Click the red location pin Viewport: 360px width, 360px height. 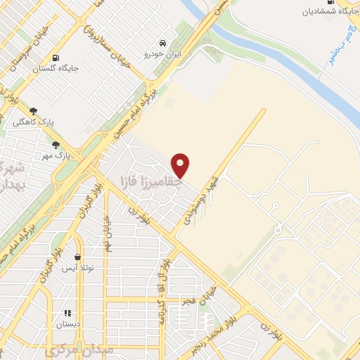click(181, 165)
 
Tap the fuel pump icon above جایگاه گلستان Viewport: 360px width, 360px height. click(56, 58)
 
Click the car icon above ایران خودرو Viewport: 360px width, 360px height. click(163, 42)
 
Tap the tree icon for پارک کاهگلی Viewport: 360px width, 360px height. click(33, 110)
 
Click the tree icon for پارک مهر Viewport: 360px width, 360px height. click(56, 144)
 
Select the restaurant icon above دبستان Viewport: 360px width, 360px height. click(68, 313)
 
